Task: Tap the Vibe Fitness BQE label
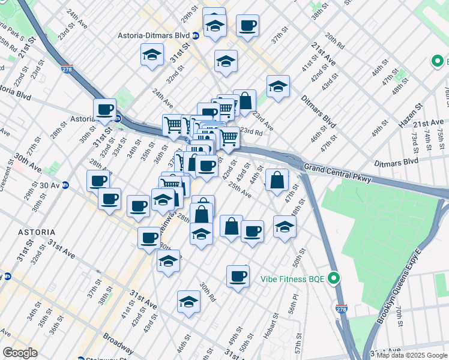pos(294,278)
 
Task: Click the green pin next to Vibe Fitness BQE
pos(335,278)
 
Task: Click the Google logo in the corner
pos(20,352)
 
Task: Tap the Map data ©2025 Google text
pos(412,355)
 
